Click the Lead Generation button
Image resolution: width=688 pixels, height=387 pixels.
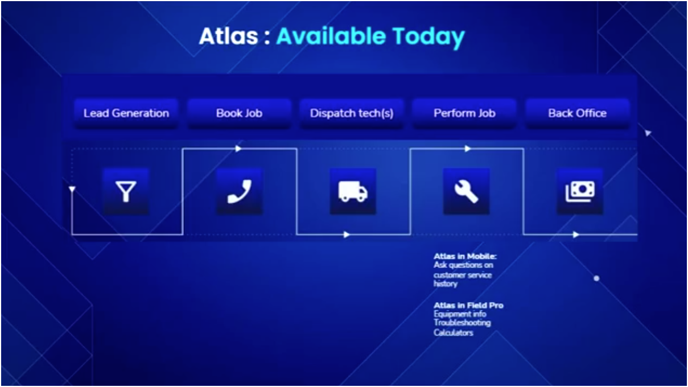coord(126,113)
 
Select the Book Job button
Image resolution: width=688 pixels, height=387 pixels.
coord(239,113)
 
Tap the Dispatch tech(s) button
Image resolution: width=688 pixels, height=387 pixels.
coord(351,113)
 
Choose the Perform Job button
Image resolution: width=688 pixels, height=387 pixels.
coord(464,113)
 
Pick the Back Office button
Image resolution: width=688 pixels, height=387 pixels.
coord(577,113)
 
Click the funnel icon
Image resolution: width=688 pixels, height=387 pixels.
coord(126,191)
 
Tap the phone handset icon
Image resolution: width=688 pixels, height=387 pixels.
coord(239,191)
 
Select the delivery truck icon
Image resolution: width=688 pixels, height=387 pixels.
coord(353,191)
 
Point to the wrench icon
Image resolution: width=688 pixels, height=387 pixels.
coord(466,191)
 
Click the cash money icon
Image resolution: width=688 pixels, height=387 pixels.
coord(580,191)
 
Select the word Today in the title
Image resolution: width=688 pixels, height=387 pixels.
coord(429,37)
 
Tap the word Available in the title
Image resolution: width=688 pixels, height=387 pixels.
coord(331,37)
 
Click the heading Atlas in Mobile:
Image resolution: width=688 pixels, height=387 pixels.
coord(465,257)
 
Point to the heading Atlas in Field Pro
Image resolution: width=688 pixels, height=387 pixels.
coord(468,306)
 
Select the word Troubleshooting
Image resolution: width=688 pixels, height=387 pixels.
coord(462,323)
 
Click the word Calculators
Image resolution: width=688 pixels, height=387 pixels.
coord(454,332)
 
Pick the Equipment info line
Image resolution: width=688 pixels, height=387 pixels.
coord(460,314)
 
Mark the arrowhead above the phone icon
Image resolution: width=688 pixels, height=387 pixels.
coord(238,149)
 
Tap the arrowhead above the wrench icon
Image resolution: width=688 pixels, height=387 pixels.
coord(468,149)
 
